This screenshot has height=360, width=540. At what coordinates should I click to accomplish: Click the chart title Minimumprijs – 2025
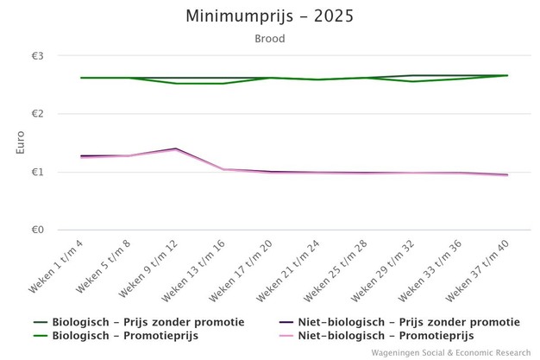click(270, 16)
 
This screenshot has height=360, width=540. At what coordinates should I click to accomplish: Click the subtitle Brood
click(270, 39)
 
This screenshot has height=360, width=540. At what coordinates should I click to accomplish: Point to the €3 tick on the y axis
click(38, 56)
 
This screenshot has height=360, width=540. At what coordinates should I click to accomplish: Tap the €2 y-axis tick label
click(38, 114)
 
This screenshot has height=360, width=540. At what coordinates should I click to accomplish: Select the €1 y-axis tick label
click(38, 172)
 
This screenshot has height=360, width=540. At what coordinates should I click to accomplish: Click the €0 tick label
click(38, 231)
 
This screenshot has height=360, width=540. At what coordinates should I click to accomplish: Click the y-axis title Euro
click(21, 143)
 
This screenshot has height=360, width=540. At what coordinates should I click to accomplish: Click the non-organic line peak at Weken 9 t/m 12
click(176, 148)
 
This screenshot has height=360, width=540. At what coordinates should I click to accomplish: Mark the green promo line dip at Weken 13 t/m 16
click(223, 84)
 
